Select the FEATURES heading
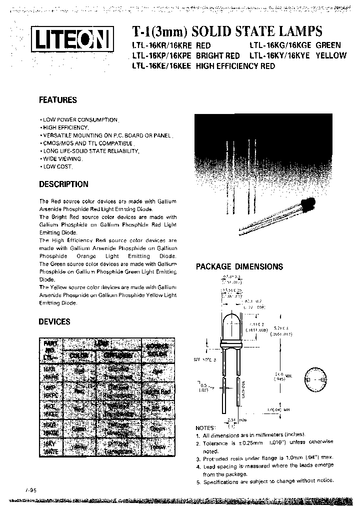[58, 100]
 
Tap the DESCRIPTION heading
[63, 184]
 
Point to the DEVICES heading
[54, 322]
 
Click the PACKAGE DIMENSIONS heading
[239, 267]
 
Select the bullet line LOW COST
[56, 166]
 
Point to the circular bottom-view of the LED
[316, 379]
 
